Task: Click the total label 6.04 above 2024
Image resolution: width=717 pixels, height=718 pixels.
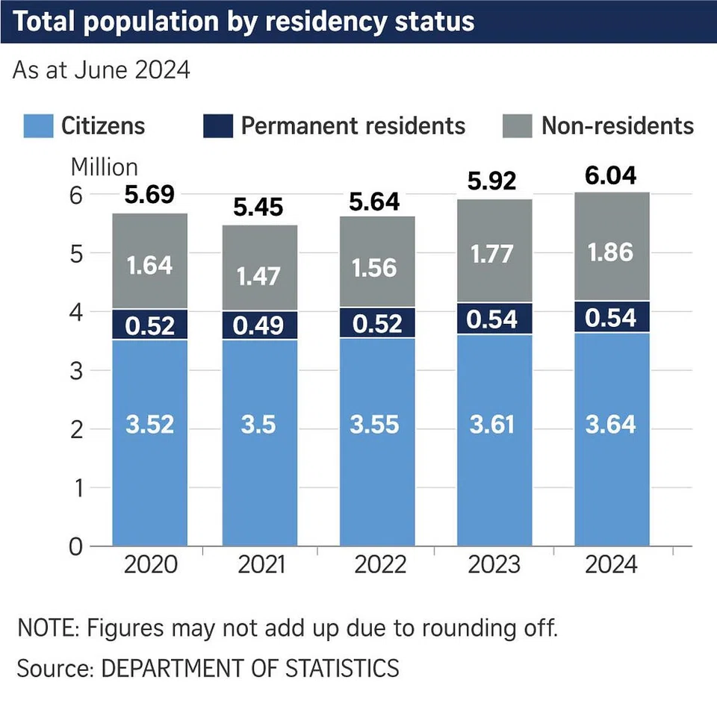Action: click(x=612, y=176)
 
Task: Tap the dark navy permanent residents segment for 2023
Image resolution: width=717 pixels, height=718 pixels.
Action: click(x=494, y=319)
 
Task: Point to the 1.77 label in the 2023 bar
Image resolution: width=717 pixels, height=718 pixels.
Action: click(x=494, y=254)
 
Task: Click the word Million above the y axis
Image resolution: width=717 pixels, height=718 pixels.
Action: click(x=105, y=166)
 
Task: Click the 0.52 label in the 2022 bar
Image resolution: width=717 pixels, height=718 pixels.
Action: click(x=377, y=323)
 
